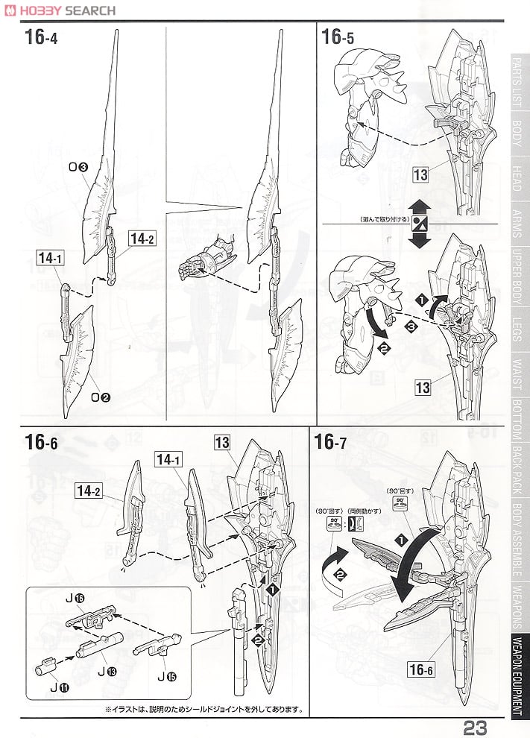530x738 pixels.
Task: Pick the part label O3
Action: point(80,168)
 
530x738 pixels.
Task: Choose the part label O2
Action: point(101,397)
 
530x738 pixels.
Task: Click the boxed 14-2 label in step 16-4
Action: point(141,239)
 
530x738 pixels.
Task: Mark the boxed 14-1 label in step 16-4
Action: point(49,258)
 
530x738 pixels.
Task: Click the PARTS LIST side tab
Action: point(517,83)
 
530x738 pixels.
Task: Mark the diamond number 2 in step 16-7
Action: point(341,574)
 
